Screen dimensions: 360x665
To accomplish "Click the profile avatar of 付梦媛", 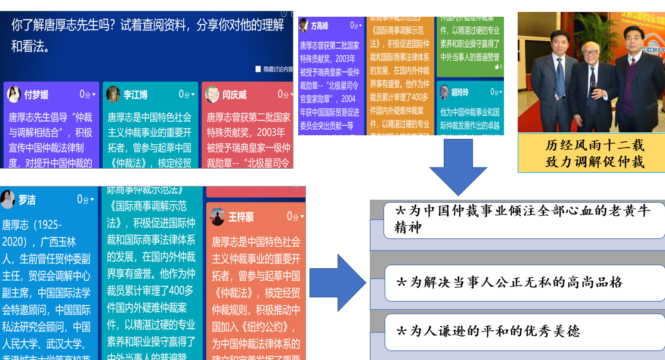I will click(14, 94).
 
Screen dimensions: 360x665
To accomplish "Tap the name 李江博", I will click(135, 95).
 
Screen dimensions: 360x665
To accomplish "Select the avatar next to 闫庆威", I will click(212, 94).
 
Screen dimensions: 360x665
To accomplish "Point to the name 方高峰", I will click(320, 27).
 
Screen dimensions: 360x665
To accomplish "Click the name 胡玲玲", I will click(460, 92).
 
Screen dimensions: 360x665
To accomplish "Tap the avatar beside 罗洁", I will click(7, 199).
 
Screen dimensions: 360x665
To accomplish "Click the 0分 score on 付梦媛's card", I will click(86, 94).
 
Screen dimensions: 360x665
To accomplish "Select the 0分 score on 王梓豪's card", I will click(293, 216).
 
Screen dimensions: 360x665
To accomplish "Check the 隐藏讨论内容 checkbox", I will click(258, 69).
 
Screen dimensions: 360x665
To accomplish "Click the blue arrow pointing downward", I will click(458, 167).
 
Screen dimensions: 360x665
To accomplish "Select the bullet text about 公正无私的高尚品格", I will click(510, 282).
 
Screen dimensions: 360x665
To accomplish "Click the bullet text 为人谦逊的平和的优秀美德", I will click(489, 331).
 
